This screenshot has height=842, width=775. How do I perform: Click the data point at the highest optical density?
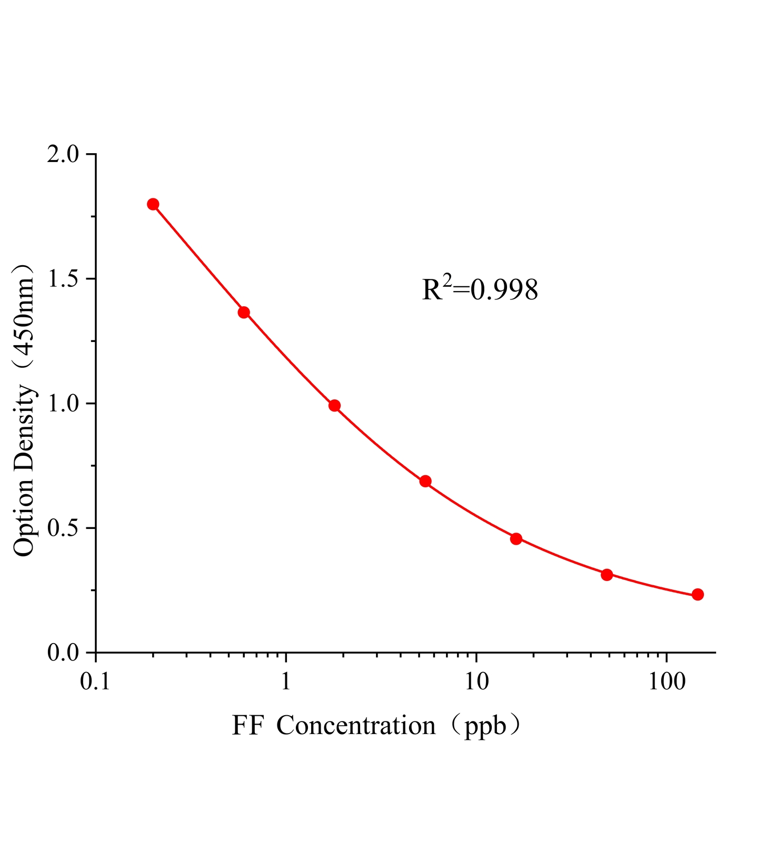tap(153, 204)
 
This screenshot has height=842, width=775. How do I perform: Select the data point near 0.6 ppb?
tap(244, 313)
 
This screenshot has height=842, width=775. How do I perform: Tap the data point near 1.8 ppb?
tap(334, 405)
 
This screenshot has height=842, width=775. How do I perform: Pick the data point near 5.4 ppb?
tap(425, 481)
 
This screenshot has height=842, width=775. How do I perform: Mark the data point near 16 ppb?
tap(516, 538)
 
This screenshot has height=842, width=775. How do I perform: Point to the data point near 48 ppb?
tap(607, 575)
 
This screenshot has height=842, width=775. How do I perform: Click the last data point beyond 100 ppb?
tap(698, 595)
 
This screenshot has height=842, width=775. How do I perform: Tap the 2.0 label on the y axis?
tap(63, 155)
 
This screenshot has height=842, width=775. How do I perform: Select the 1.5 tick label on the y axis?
tap(63, 279)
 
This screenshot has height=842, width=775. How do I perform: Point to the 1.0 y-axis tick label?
tap(63, 404)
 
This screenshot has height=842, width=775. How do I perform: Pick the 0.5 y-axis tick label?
tap(63, 528)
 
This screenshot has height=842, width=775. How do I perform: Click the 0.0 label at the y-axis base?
tap(63, 653)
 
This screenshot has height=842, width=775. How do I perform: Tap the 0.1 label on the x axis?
tap(95, 682)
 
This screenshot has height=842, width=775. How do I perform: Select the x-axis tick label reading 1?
tap(286, 682)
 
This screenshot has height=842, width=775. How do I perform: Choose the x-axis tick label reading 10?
tap(476, 682)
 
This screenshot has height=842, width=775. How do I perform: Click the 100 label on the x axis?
tap(667, 682)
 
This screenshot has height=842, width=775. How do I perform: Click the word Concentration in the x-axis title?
tap(356, 726)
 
